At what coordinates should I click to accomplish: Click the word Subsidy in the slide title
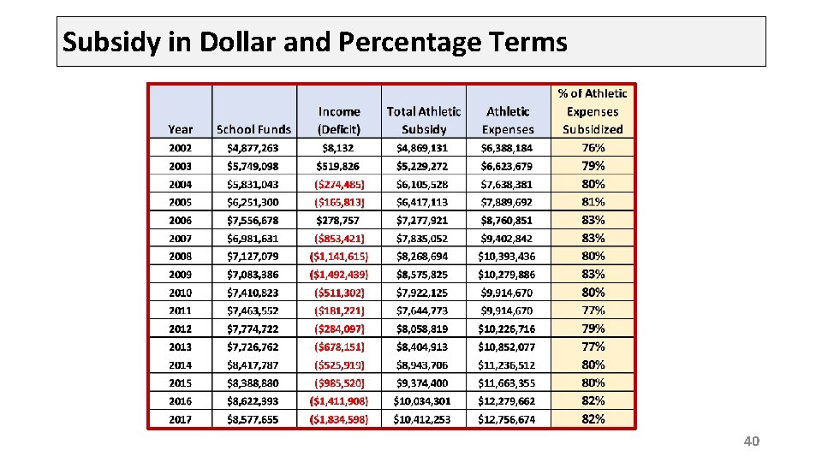pos(111,43)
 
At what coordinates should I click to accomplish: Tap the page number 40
pos(751,441)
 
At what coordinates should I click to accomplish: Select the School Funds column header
pos(253,129)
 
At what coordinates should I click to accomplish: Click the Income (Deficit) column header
pos(339,121)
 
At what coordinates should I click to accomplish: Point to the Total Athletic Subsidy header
pos(424,121)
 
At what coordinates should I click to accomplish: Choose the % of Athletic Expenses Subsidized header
pos(593,111)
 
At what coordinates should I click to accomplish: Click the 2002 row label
pos(180,148)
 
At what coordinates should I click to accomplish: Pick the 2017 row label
pos(180,419)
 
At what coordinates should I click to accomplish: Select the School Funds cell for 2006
pos(253,221)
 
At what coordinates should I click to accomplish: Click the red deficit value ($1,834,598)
pos(339,419)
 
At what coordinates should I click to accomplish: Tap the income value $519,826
pos(337,167)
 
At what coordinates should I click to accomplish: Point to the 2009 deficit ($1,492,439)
pos(339,275)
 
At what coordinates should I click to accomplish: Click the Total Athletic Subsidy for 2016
pos(422,401)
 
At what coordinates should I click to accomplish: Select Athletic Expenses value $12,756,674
pos(506,419)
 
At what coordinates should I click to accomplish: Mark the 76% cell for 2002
pos(593,148)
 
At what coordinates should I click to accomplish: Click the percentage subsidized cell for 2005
pos(593,202)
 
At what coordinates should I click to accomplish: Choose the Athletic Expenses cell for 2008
pos(506,257)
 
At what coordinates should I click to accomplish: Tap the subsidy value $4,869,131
pos(422,148)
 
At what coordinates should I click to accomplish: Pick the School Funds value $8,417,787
pos(253,365)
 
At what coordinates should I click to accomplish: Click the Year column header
pos(180,129)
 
